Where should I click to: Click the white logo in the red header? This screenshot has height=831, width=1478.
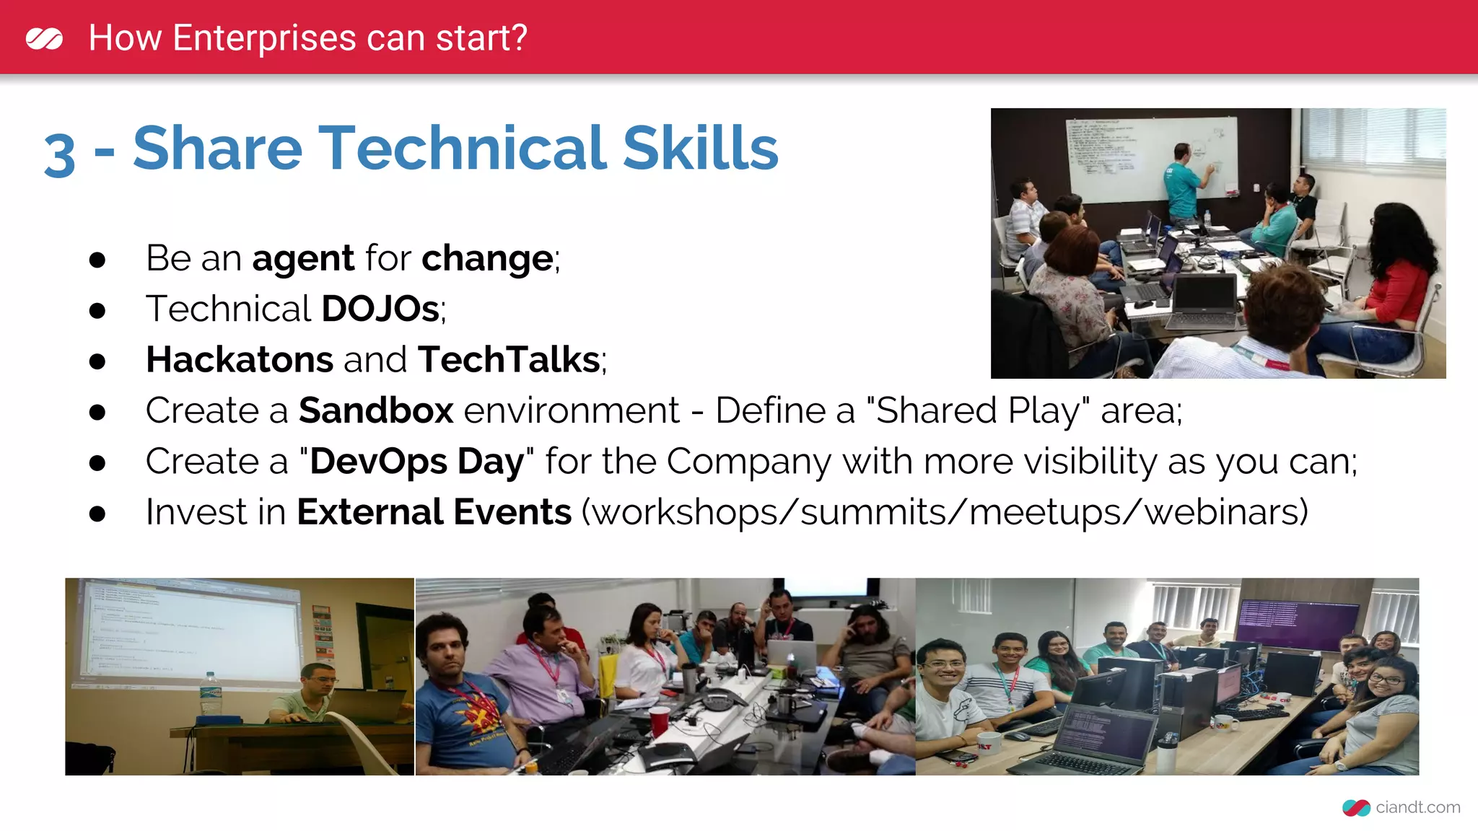pos(44,38)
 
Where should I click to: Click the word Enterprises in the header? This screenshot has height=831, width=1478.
pos(264,38)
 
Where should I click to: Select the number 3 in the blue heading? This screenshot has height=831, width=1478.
pos(59,154)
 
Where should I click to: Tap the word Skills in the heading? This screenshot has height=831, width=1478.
pos(700,149)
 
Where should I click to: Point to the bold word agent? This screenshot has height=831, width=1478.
pos(303,259)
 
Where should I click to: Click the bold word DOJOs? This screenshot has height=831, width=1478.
pos(380,309)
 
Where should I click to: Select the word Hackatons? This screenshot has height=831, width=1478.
pos(239,360)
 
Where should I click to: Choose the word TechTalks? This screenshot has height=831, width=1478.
pos(509,360)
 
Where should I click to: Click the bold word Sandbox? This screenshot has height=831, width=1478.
pos(376,410)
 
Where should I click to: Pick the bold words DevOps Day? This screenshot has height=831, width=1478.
pos(417,462)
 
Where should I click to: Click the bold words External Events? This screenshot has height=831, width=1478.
pos(434,512)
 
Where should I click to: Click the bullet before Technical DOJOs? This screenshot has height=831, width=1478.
pos(97,311)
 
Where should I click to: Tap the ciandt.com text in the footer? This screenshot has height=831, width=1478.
pos(1417,807)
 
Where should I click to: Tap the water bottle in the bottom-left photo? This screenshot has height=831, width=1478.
pos(209,695)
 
